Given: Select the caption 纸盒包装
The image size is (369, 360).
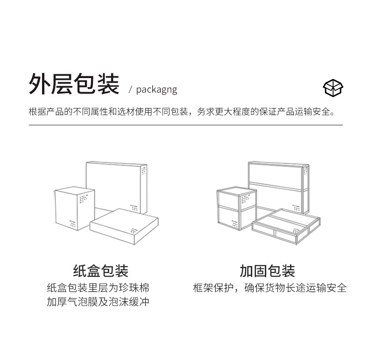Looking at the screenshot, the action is [x=100, y=271].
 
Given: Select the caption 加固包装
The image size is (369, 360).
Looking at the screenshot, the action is [x=267, y=271].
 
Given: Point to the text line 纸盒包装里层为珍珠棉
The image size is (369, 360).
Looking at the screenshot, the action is [x=98, y=288].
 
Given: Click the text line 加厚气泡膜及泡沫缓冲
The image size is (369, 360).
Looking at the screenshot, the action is [x=98, y=302].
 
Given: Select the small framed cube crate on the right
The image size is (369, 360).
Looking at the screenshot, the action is [x=236, y=208].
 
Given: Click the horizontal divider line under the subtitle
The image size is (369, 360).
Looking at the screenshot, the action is [x=185, y=125].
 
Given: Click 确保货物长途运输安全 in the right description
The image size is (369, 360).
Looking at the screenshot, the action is [x=296, y=288].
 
